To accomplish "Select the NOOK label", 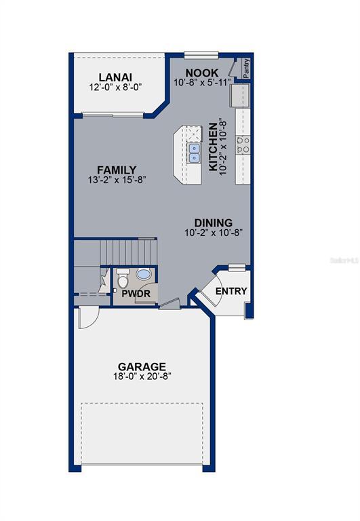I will pyautogui.click(x=202, y=73).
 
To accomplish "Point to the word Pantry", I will pyautogui.click(x=245, y=67).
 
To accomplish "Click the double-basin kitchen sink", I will pyautogui.click(x=195, y=153).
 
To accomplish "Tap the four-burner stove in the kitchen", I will pyautogui.click(x=243, y=143).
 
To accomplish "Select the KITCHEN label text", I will pyautogui.click(x=213, y=147).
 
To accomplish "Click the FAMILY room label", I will pyautogui.click(x=117, y=170).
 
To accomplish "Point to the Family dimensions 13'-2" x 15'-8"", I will pyautogui.click(x=117, y=180).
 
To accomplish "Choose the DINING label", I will pyautogui.click(x=213, y=223).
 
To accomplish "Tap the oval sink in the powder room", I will pyautogui.click(x=144, y=275).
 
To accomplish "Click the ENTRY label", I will pyautogui.click(x=231, y=292).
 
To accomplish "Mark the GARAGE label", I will pyautogui.click(x=142, y=366).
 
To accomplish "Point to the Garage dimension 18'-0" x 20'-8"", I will pyautogui.click(x=142, y=377).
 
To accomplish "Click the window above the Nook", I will pyautogui.click(x=201, y=55).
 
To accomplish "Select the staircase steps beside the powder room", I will pyautogui.click(x=129, y=252).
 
